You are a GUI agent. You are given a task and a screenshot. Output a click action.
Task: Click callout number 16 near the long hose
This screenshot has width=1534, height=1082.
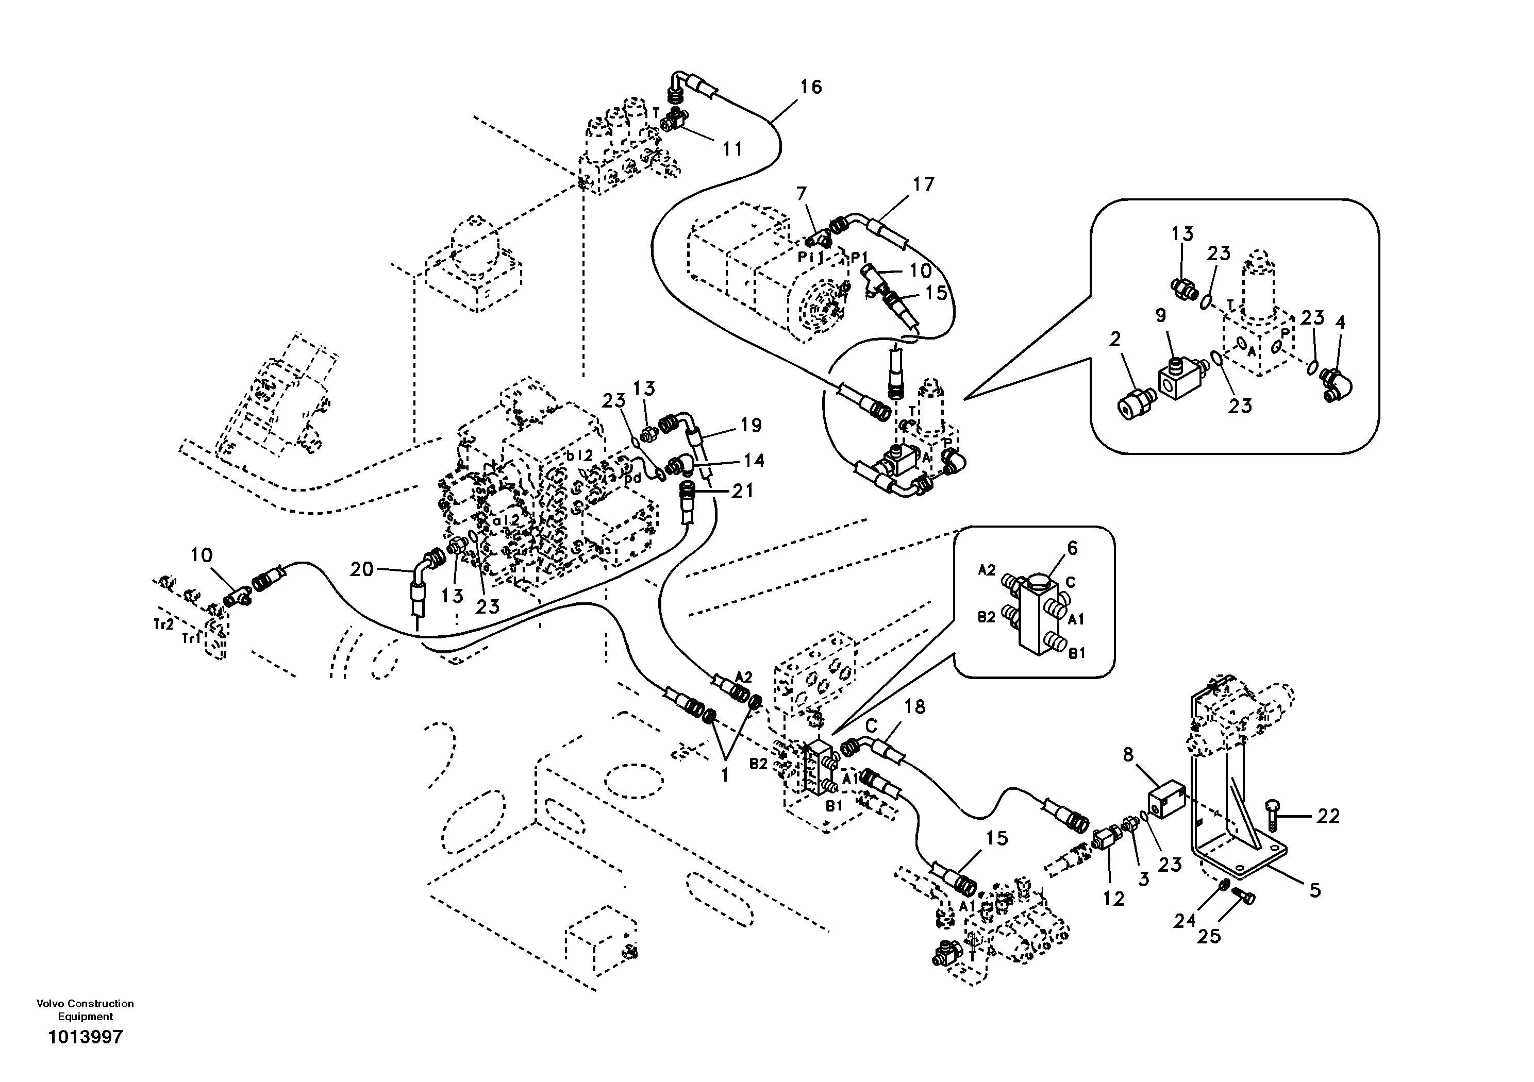pos(810,87)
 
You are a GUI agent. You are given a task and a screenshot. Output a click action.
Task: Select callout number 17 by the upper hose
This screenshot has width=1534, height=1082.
pos(924,184)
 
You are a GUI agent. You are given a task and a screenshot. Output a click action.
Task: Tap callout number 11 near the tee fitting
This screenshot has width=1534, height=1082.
pos(732,148)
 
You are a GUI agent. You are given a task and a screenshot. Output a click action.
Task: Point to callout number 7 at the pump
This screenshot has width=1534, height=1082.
pos(802,194)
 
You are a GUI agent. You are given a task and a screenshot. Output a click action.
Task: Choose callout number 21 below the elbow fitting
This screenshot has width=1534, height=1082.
pos(742,491)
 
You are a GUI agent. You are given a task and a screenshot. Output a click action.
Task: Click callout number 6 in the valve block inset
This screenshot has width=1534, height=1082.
pos(1072,548)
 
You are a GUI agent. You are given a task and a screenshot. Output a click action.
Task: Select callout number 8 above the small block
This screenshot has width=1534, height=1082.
pos(1128,755)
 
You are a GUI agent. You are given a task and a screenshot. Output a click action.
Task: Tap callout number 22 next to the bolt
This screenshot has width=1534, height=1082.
pos(1328,816)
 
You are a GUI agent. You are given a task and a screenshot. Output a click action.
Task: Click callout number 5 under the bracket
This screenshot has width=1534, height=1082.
pos(1315,890)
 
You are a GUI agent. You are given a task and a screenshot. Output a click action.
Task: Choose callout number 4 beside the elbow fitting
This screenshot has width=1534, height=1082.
pos(1340,323)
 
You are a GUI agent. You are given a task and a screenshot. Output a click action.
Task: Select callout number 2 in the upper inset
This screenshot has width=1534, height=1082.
pos(1114,340)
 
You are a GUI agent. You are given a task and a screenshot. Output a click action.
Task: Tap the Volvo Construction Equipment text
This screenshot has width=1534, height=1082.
pos(85,1010)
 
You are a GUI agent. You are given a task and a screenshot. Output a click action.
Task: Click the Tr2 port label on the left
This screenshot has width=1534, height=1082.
pos(162,624)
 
